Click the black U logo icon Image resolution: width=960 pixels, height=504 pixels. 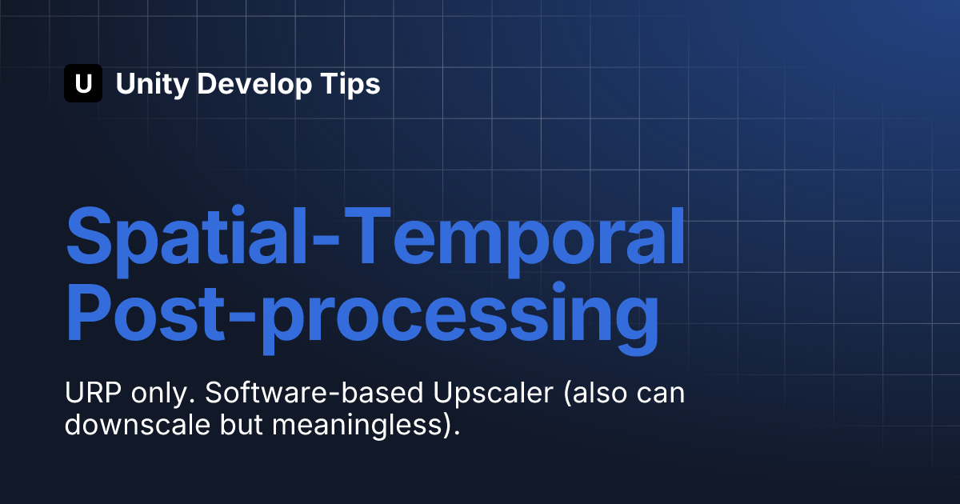point(83,83)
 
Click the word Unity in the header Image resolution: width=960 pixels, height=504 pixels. point(152,85)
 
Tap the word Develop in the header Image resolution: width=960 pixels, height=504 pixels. point(254,85)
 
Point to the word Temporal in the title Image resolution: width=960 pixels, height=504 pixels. point(514,242)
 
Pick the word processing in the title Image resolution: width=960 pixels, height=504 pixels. point(459,319)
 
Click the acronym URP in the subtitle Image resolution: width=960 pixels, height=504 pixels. point(93,393)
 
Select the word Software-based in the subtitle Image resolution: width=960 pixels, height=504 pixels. point(314,393)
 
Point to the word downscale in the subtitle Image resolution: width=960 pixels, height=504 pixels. point(138,425)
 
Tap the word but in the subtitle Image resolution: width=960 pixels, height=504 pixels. point(242,425)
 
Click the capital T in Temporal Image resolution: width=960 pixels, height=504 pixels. point(367,236)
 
